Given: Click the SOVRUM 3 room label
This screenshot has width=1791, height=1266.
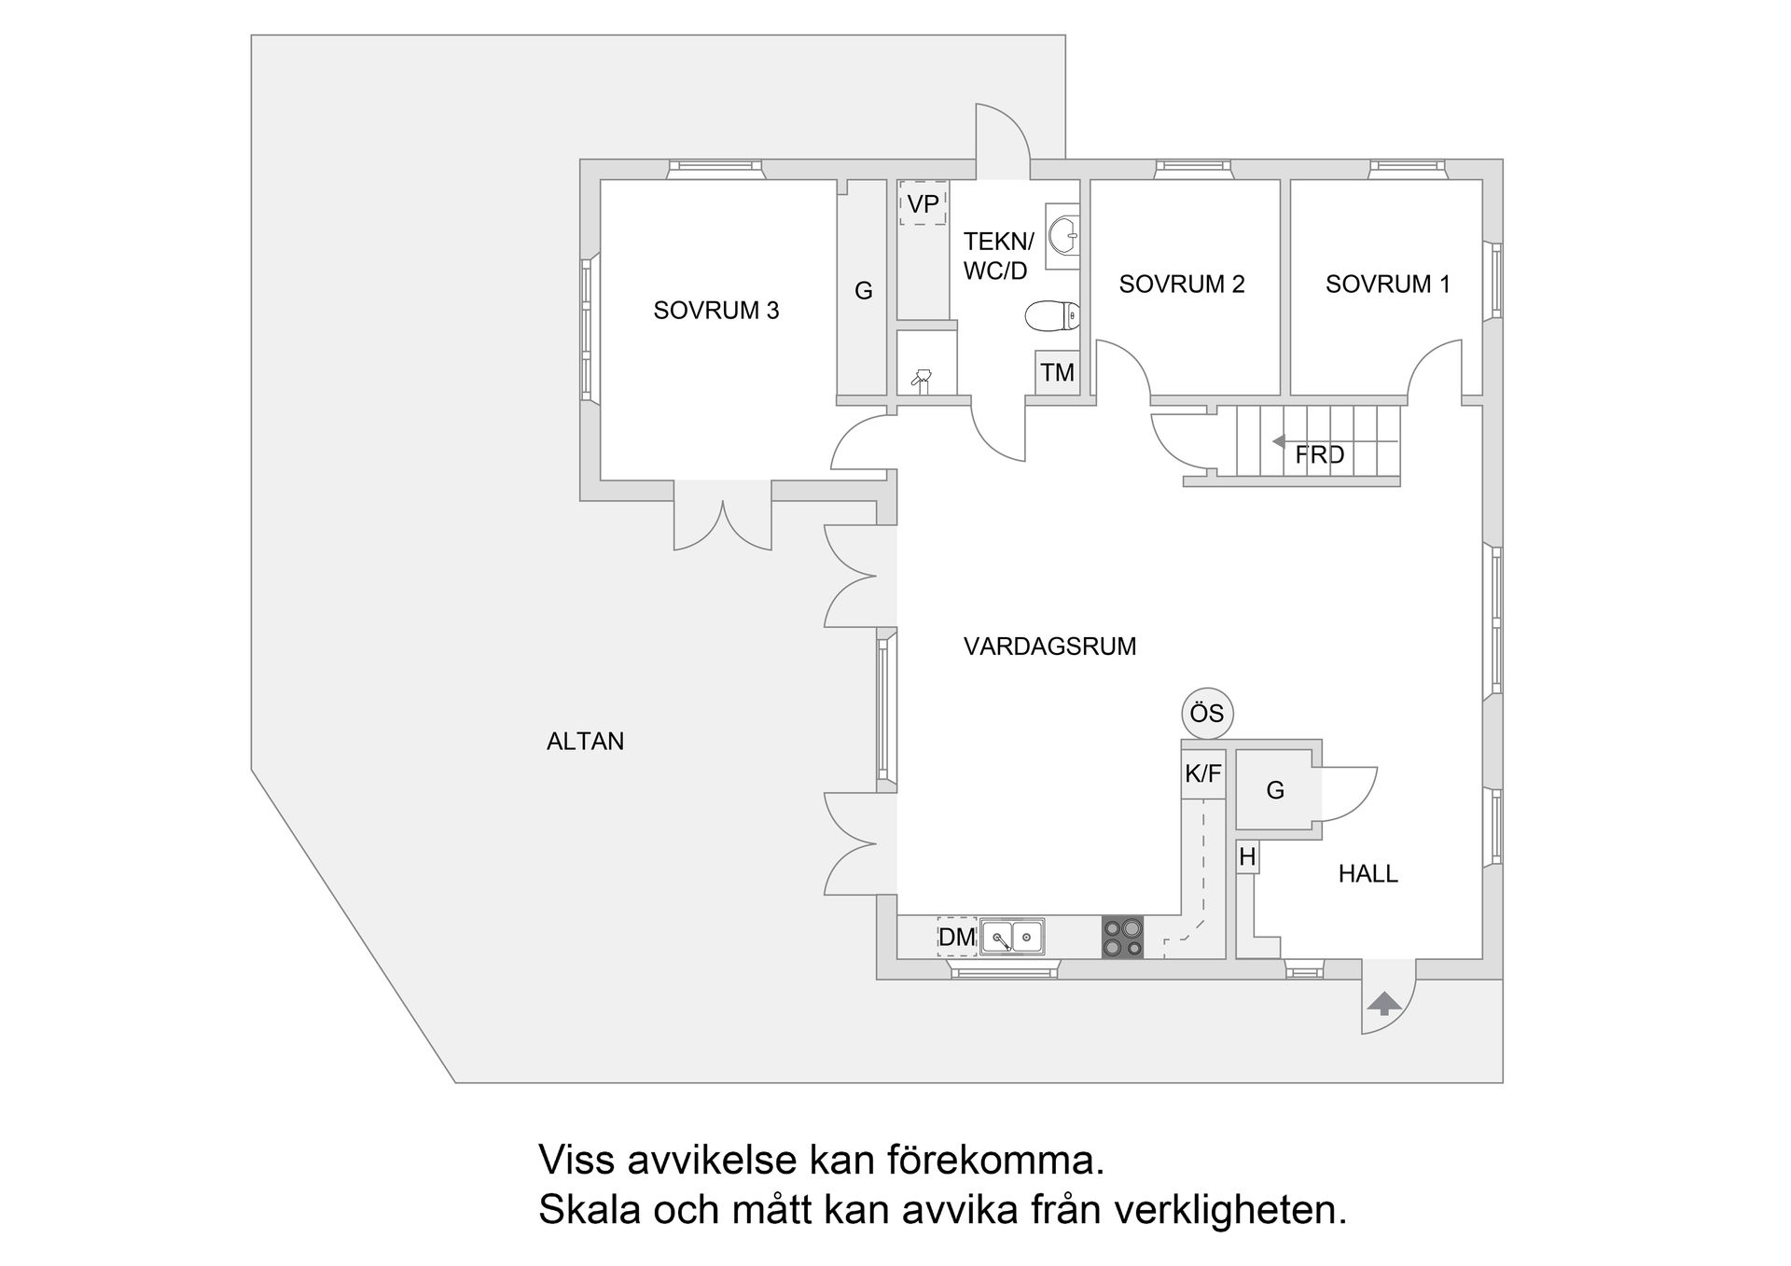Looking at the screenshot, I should coord(715,311).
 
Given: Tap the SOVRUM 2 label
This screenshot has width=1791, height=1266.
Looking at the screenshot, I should coord(1181,285).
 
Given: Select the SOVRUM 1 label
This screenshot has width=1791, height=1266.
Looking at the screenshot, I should coord(1387,285).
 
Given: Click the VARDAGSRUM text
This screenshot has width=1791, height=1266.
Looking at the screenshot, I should coord(1049,647).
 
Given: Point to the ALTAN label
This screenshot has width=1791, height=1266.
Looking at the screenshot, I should coord(585,742).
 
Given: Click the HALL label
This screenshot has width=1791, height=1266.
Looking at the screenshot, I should coord(1368,874).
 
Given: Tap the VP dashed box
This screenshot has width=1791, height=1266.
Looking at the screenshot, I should coord(923,204).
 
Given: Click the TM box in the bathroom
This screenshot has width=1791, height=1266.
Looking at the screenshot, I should coord(1057,373).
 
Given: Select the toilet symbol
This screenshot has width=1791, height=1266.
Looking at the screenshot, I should coord(1052,317).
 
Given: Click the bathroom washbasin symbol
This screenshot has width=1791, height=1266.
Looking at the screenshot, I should coord(1063,235).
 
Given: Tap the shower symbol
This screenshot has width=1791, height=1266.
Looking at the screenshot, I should coord(922,379).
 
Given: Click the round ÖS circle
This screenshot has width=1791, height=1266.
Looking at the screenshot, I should coord(1207,714).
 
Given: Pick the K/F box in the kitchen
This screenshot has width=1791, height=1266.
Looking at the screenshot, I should coord(1202,774).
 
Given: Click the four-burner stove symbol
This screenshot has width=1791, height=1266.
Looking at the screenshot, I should coord(1122,938).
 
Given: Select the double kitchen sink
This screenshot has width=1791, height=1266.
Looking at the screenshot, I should coord(1012,937).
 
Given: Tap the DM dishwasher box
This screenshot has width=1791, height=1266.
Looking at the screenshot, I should coord(956,938).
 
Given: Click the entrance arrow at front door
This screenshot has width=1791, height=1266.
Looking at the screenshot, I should coord(1384,1004).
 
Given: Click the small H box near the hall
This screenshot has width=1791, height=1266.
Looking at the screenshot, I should coord(1247,857).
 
